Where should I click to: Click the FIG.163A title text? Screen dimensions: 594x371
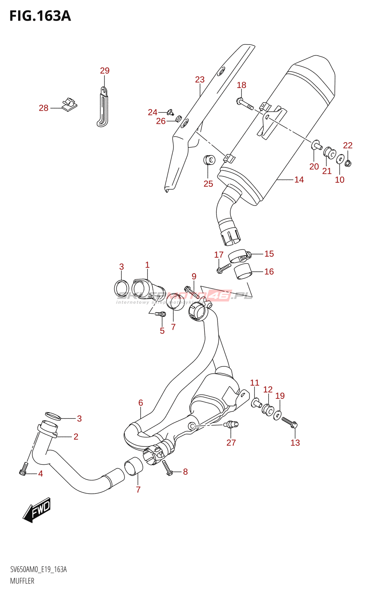pos(40,16)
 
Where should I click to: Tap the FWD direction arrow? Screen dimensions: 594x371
pos(37,510)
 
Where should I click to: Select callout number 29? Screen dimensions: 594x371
pos(105,71)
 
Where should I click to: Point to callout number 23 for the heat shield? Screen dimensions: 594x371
pos(200,79)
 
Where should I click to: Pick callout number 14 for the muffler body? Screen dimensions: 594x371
pos(299,180)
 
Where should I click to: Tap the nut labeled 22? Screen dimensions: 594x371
pos(348,163)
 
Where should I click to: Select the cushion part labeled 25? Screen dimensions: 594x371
pos(210,160)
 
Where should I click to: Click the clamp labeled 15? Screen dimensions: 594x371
pos(239,256)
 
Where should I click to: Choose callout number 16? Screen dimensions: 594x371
pos(269,272)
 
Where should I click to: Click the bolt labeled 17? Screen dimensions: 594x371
pos(224,267)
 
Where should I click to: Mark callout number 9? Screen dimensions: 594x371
pos(194,276)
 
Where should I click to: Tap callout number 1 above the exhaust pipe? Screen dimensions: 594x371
pos(147,265)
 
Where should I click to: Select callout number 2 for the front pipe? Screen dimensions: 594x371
pos(76,437)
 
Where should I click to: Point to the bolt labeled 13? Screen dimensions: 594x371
pos(289,422)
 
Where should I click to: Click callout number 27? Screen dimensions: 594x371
pos(231,443)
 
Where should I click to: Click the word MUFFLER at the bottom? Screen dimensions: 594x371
pos(22,581)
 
